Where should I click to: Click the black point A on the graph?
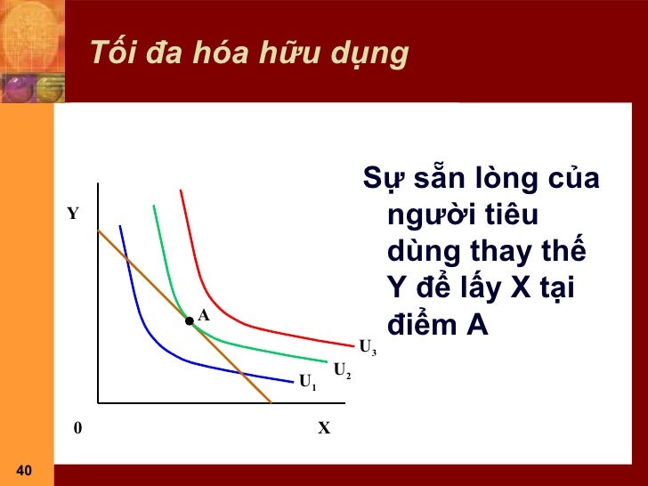click(190, 321)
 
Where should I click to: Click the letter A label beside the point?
click(203, 315)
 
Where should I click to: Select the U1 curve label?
click(307, 383)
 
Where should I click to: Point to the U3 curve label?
click(367, 346)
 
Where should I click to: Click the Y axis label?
click(73, 215)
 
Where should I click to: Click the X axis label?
click(324, 428)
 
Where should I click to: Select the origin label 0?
click(77, 428)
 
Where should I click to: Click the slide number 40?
click(24, 470)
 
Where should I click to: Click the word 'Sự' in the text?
click(382, 180)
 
